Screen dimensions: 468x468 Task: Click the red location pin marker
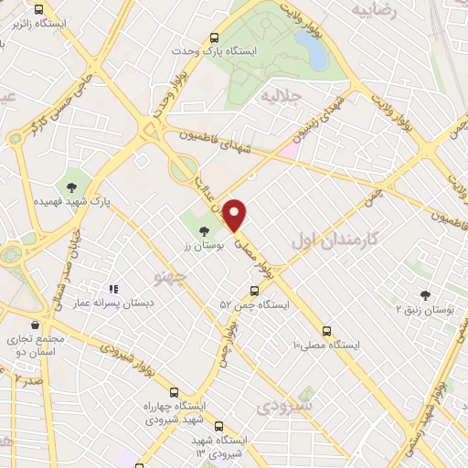(x=236, y=214)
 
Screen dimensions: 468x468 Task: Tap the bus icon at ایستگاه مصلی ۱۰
(x=326, y=332)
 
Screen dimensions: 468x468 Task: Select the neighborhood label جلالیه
(x=281, y=95)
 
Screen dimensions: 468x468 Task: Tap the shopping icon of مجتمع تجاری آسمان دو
(x=35, y=324)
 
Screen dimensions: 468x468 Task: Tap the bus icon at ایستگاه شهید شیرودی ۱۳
(x=218, y=425)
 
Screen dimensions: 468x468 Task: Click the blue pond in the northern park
(x=316, y=53)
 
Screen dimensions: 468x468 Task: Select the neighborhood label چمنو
(x=169, y=274)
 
